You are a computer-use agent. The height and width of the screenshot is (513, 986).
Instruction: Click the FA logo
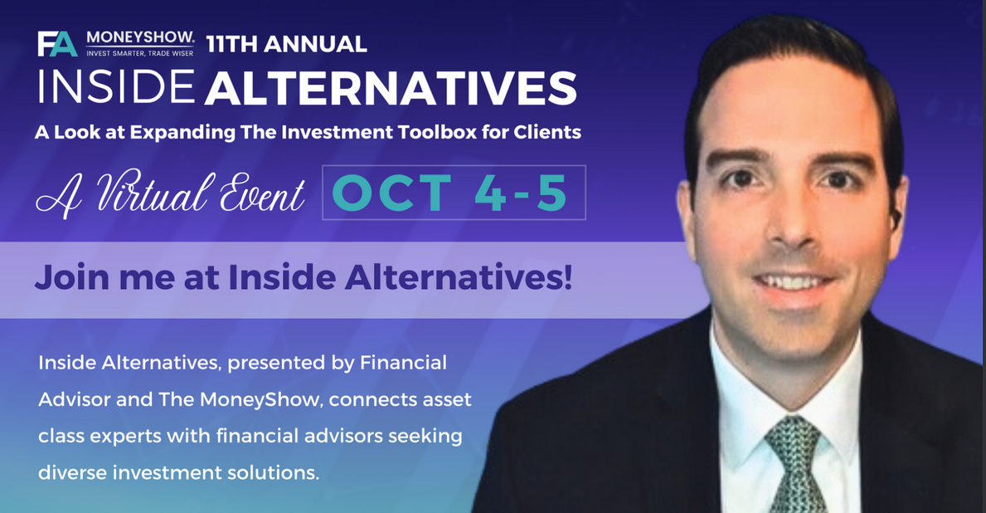pyautogui.click(x=57, y=44)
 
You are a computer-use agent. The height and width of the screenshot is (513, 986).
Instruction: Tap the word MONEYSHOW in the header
pyautogui.click(x=139, y=37)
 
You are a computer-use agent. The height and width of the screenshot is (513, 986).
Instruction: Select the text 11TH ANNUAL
pyautogui.click(x=286, y=44)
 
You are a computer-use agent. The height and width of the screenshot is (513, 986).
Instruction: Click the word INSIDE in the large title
pyautogui.click(x=116, y=87)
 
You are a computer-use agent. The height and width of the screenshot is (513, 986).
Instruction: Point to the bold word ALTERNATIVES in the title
pyautogui.click(x=391, y=87)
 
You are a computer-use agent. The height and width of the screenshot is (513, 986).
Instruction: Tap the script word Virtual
pyautogui.click(x=155, y=192)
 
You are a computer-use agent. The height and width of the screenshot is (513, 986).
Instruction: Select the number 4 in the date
pyautogui.click(x=489, y=193)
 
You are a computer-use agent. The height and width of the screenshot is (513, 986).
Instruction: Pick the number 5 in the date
pyautogui.click(x=552, y=193)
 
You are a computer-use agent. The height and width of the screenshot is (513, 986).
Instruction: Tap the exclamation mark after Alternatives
pyautogui.click(x=568, y=277)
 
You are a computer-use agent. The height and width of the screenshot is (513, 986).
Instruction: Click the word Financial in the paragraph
pyautogui.click(x=403, y=363)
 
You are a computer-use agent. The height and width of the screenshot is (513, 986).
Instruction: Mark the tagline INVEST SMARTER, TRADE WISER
pyautogui.click(x=139, y=53)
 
